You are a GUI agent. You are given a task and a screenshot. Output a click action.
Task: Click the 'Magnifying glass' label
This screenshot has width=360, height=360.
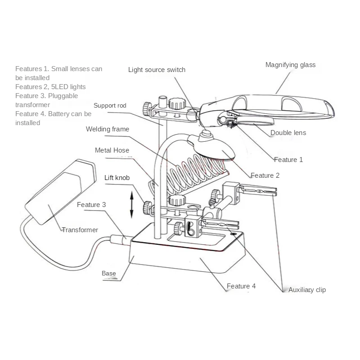point(290,65)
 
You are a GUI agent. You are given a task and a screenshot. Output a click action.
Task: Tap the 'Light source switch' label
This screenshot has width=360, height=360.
point(157,70)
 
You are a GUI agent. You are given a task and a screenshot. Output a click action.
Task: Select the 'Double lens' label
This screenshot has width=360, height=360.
point(288,133)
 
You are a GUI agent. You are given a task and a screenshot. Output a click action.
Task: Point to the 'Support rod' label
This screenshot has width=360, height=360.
point(110,106)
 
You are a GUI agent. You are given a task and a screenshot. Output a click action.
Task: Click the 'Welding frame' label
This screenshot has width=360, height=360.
point(108,129)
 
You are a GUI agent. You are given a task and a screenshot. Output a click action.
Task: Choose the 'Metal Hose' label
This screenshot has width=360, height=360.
point(112,150)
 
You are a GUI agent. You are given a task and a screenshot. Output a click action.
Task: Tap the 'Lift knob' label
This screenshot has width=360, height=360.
point(117,178)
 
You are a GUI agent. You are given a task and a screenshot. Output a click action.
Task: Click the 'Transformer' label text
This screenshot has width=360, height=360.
point(80,230)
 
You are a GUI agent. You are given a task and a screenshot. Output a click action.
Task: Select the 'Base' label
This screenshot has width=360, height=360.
point(108,273)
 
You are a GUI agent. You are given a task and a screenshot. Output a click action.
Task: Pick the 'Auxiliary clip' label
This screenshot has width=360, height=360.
point(307,290)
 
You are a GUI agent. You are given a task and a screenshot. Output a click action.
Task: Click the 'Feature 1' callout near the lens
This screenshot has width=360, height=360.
point(288,160)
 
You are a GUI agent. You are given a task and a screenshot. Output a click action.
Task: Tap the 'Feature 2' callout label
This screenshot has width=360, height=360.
point(265,175)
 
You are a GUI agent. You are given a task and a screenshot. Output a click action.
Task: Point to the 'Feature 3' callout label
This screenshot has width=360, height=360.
point(91,205)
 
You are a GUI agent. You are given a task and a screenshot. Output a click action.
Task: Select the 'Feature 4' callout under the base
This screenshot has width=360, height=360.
point(241,286)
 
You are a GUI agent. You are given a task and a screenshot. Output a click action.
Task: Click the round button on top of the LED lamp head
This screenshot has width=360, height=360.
point(207,134)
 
